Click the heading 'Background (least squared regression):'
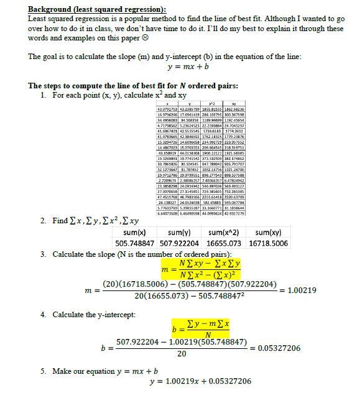97,10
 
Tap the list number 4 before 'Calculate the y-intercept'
44,315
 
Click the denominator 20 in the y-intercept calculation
181,354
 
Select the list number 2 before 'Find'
44,221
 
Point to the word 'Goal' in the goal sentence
53,57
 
